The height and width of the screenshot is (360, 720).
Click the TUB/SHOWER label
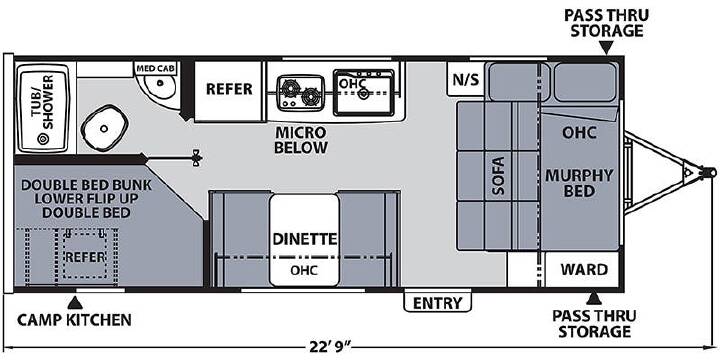pyautogui.click(x=45, y=102)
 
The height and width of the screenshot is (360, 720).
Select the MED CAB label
pyautogui.click(x=156, y=69)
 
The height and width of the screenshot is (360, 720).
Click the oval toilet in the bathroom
pyautogui.click(x=104, y=128)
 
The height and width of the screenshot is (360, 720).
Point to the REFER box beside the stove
pyautogui.click(x=228, y=91)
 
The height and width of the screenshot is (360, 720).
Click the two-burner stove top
pyautogui.click(x=301, y=92)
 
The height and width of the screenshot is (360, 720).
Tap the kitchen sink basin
pyautogui.click(x=364, y=93)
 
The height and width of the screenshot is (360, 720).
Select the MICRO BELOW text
pyautogui.click(x=301, y=140)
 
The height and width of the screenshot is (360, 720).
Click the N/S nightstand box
pyautogui.click(x=465, y=79)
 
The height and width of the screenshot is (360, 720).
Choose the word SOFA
pyautogui.click(x=498, y=176)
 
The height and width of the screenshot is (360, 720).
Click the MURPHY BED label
pyautogui.click(x=579, y=183)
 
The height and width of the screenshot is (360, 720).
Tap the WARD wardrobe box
pyautogui.click(x=582, y=269)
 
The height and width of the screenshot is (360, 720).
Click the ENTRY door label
pyautogui.click(x=437, y=303)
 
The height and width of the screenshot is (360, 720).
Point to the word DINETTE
pyautogui.click(x=305, y=239)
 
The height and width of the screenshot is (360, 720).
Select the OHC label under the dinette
pyautogui.click(x=304, y=270)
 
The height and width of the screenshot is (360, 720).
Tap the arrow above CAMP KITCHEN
pyautogui.click(x=75, y=303)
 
